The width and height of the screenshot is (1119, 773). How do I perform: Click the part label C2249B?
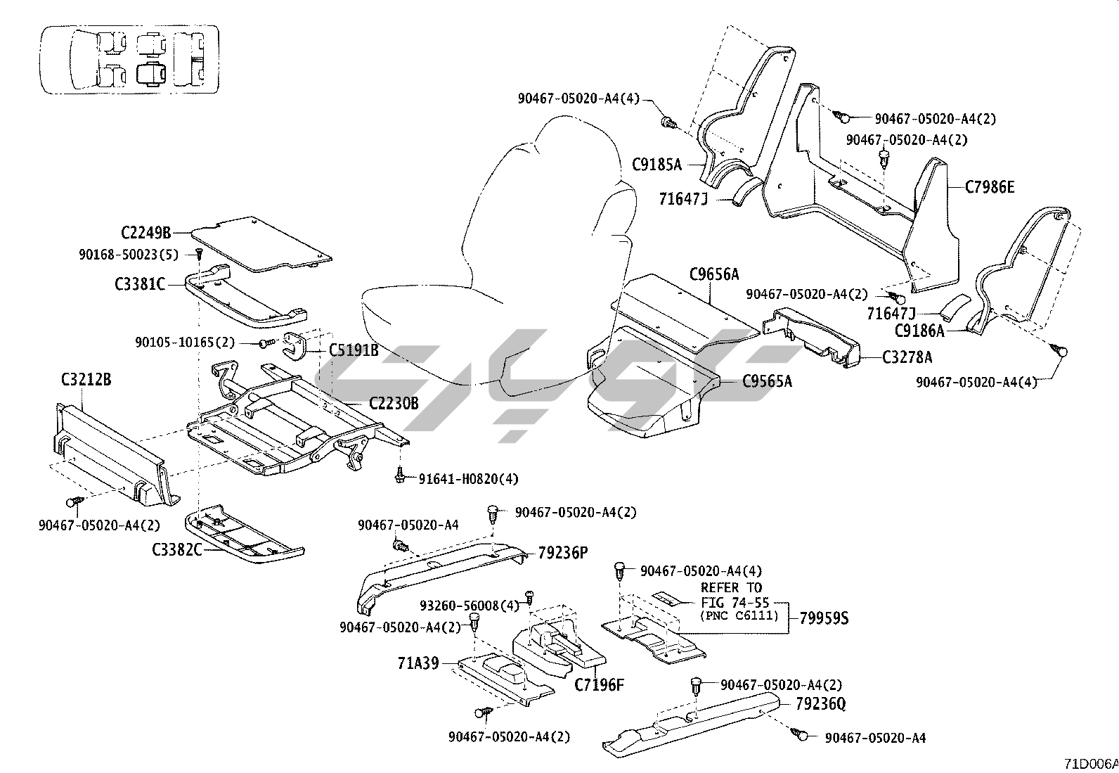145,232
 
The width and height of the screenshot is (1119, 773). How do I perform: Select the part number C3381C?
139,284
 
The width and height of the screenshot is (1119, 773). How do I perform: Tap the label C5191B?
354,350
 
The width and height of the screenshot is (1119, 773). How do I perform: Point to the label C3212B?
86,381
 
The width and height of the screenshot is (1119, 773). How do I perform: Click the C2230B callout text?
394,404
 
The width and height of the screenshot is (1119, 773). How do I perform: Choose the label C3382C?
176,549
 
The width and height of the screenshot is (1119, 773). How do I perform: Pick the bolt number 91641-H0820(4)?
468,479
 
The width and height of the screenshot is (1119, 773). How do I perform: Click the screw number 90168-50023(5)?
129,253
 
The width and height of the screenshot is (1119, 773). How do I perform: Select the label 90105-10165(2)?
185,343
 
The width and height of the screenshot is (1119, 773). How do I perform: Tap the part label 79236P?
562,553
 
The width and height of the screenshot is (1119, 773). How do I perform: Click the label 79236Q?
821,703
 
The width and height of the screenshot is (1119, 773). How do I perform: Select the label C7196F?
599,684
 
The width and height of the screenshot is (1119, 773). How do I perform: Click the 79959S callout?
824,619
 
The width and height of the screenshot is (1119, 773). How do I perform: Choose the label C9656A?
713,274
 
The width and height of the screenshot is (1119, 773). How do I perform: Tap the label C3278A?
907,357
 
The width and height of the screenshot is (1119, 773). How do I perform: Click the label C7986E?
990,187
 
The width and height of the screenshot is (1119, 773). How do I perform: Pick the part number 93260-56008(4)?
469,606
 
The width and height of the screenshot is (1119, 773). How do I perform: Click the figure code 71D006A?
1090,764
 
